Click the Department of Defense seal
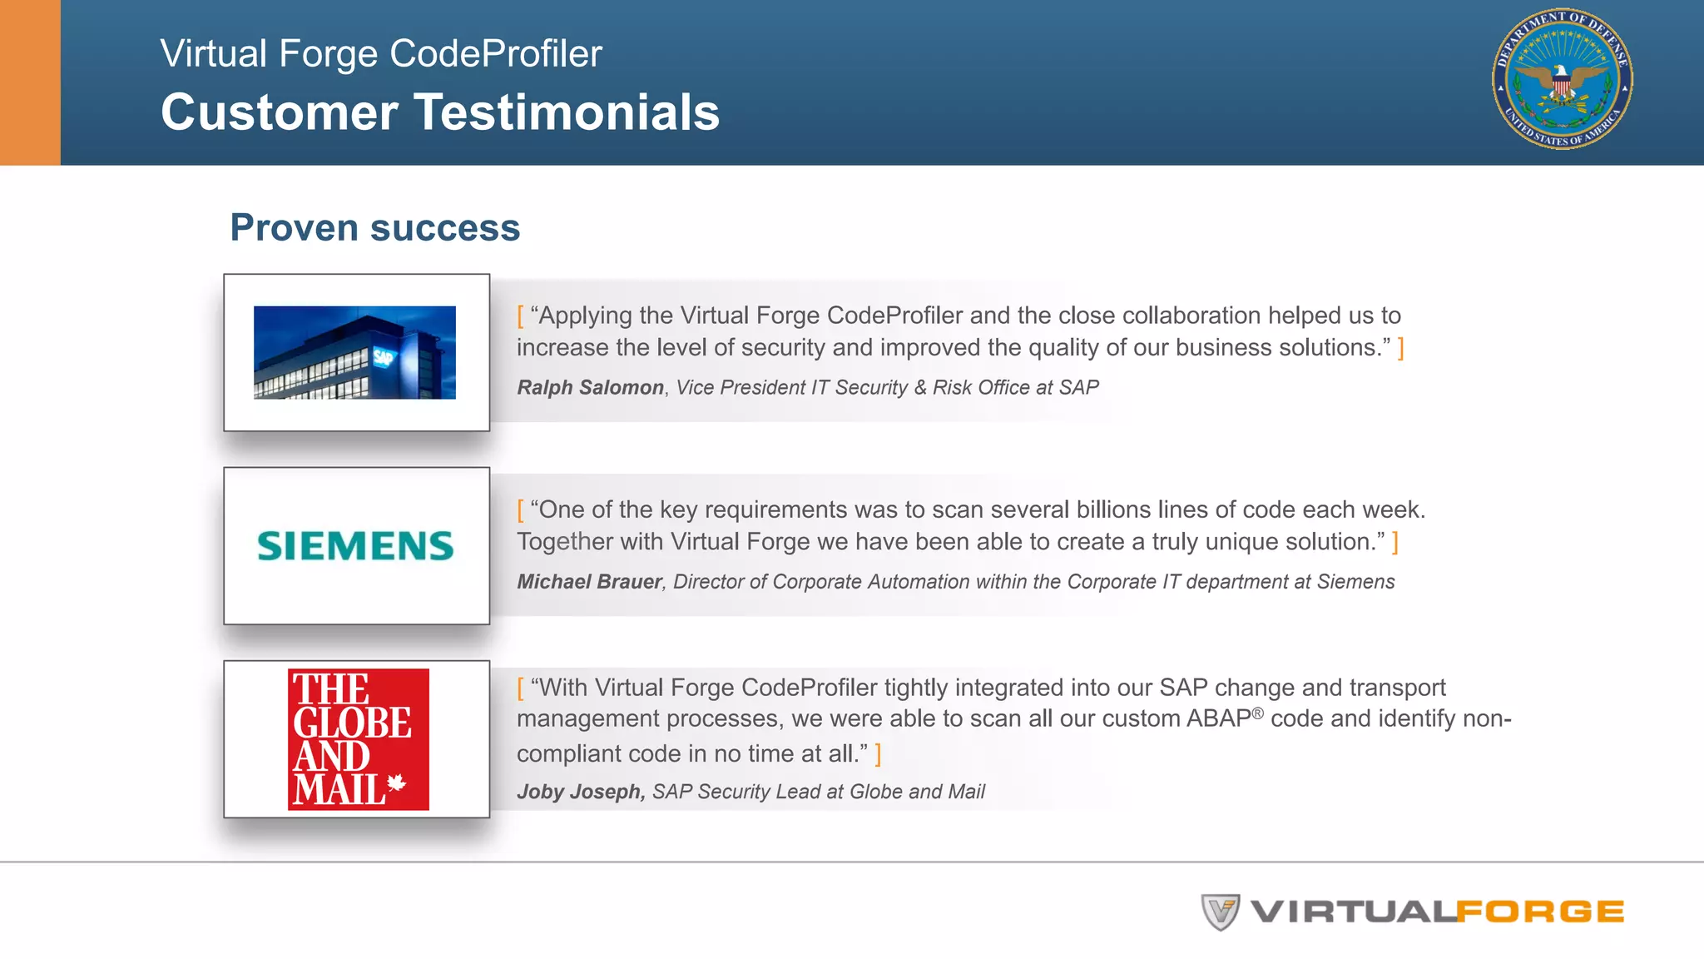coord(1562,79)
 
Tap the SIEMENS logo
coord(355,546)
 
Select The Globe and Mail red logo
coord(359,739)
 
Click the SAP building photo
coord(354,352)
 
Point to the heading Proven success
coord(374,228)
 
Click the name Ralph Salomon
coord(590,387)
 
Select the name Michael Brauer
coord(589,581)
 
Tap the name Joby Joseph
coord(580,791)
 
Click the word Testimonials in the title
coord(567,112)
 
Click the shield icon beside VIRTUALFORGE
coord(1220,912)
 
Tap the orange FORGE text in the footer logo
coord(1540,912)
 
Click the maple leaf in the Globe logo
coord(397,782)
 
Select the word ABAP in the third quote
coord(1218,718)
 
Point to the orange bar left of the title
coord(30,82)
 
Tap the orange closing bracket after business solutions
coord(1401,347)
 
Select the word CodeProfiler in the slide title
coord(495,53)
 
